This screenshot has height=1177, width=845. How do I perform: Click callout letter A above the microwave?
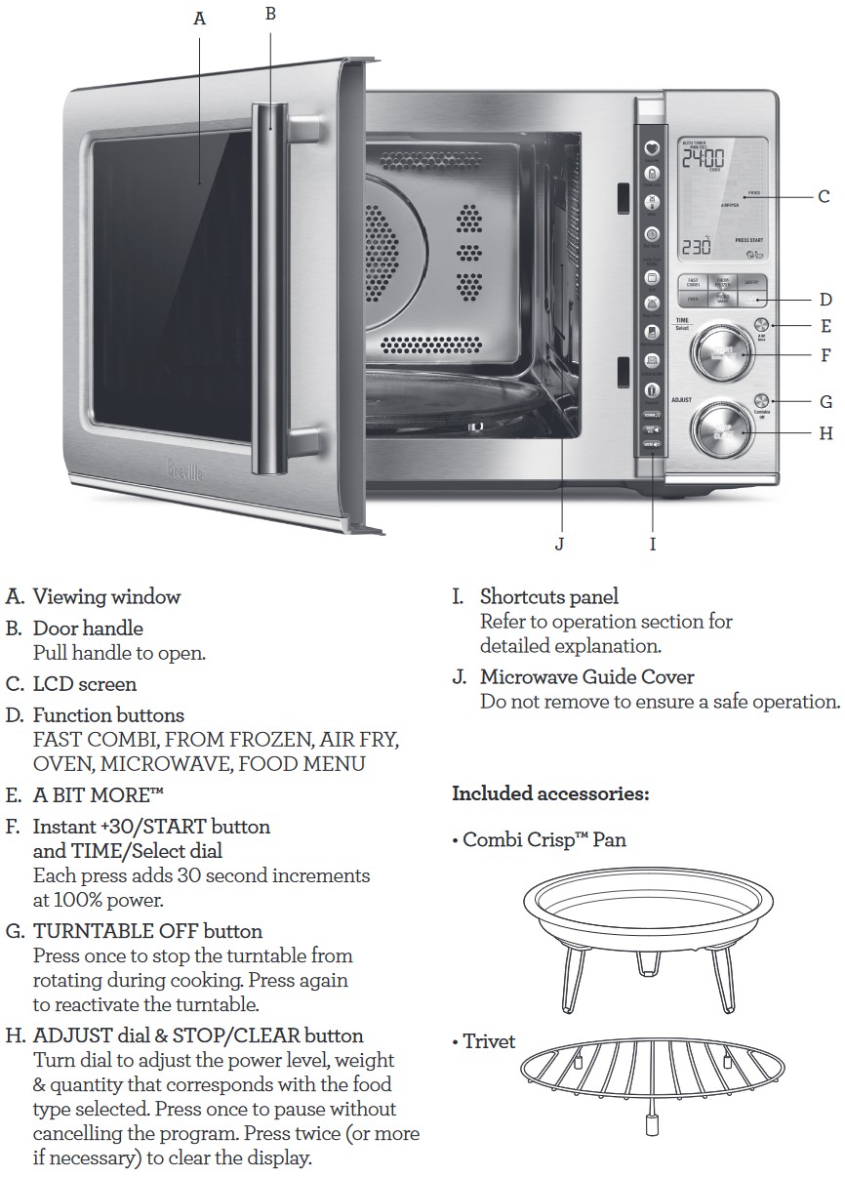(x=200, y=19)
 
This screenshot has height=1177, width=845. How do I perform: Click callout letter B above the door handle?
(x=271, y=13)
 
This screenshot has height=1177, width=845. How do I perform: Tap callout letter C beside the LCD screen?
(x=824, y=197)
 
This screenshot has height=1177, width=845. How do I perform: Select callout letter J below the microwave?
(x=559, y=544)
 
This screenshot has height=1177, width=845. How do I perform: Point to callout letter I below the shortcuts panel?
(x=653, y=544)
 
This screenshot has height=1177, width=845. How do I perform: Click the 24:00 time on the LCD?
(x=702, y=157)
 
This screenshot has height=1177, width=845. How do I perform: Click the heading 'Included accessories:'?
(x=550, y=793)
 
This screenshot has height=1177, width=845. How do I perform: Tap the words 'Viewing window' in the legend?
(x=106, y=596)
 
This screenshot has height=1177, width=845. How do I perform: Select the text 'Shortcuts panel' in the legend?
(x=548, y=596)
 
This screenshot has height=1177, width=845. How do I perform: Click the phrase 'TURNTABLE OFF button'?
(x=147, y=931)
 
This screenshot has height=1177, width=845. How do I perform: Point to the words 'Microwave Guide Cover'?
(x=586, y=676)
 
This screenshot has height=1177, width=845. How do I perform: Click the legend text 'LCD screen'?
(x=85, y=684)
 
